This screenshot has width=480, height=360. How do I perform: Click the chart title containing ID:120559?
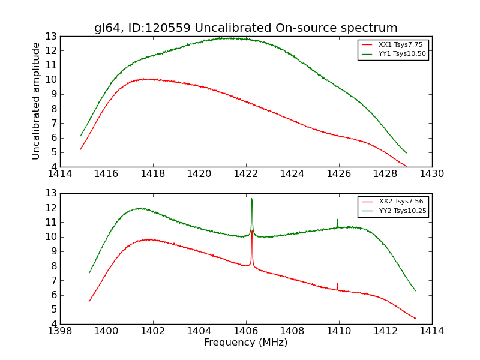pyautogui.click(x=246, y=28)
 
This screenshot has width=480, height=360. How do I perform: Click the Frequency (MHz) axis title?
pyautogui.click(x=246, y=343)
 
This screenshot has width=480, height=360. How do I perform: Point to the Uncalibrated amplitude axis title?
pyautogui.click(x=37, y=101)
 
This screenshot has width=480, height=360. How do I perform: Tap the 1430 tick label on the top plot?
pyautogui.click(x=432, y=174)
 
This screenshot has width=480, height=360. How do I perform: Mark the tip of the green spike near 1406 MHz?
pyautogui.click(x=251, y=199)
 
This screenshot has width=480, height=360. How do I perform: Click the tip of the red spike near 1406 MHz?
pyautogui.click(x=252, y=230)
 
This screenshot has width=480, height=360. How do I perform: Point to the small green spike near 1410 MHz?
pyautogui.click(x=337, y=220)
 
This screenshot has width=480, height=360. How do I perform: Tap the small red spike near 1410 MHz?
pyautogui.click(x=337, y=283)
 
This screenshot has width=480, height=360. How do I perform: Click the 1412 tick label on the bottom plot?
pyautogui.click(x=385, y=331)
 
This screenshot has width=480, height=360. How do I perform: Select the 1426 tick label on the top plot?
pyautogui.click(x=339, y=174)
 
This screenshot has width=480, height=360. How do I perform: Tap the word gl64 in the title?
pyautogui.click(x=107, y=28)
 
